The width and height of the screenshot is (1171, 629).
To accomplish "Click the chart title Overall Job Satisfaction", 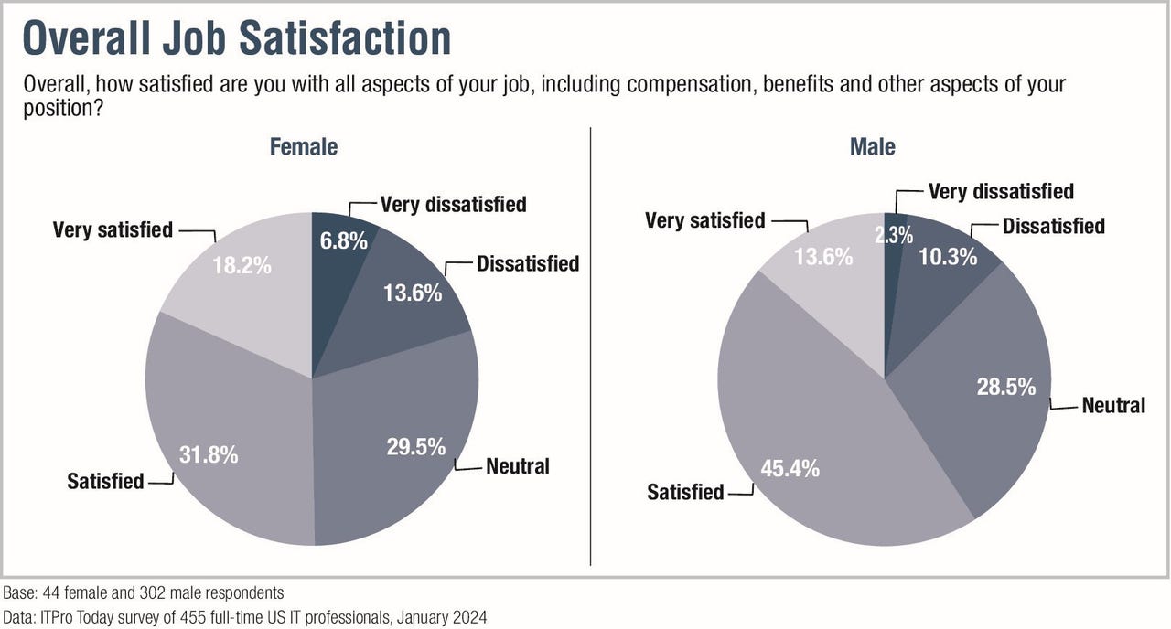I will tap(237, 39).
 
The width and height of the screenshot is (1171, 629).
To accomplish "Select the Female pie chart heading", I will tap(303, 146).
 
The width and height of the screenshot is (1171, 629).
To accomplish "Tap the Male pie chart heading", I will tap(873, 146).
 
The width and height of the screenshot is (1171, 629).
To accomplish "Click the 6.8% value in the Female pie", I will tap(345, 241).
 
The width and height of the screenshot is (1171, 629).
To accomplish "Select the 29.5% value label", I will tap(415, 446).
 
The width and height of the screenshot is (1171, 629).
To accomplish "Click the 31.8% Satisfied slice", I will tap(209, 454).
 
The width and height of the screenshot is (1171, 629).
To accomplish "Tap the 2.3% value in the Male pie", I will tap(893, 235).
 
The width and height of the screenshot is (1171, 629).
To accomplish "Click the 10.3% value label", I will tap(947, 257).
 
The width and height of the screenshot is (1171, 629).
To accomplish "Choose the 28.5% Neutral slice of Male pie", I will tap(1005, 387).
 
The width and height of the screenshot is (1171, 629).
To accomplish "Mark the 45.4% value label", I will tap(790, 469).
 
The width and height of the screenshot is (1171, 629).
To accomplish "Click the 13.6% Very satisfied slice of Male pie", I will tap(823, 257).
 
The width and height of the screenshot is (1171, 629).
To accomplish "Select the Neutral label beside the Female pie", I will tap(518, 466).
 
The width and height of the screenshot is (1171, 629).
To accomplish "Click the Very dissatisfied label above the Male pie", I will tap(1001, 191).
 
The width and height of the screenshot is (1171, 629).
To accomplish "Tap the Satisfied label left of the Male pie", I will tap(685, 492).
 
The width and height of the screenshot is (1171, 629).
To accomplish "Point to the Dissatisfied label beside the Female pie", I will tap(528, 264).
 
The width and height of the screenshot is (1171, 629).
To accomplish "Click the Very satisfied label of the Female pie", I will tap(113, 229).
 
